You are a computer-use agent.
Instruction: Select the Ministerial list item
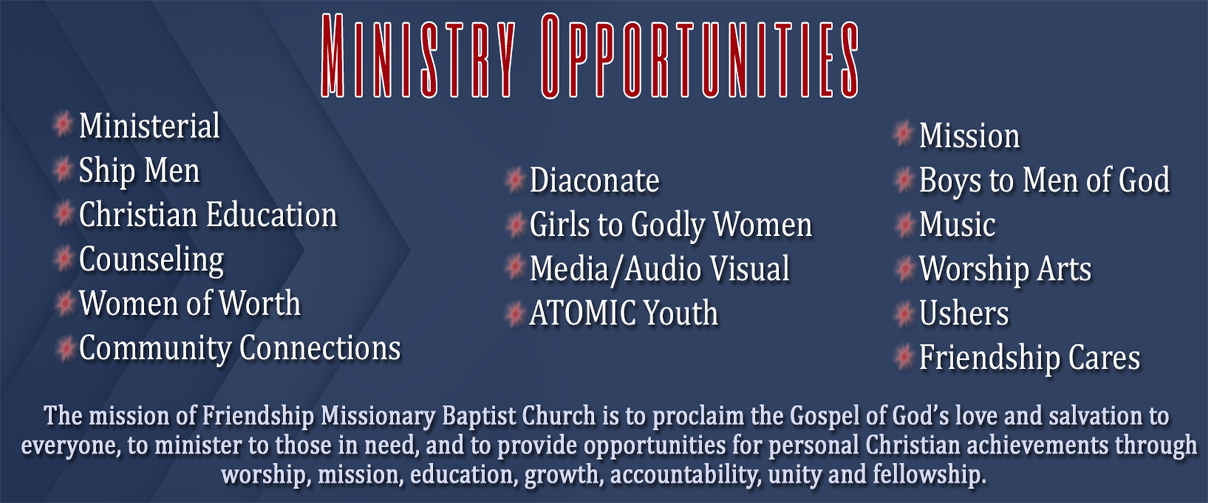click(x=150, y=126)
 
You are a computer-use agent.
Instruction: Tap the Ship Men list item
click(x=139, y=171)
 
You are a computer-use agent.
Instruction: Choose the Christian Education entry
click(x=208, y=215)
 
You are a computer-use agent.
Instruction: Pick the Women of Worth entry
click(x=190, y=304)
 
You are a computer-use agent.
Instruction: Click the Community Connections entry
click(x=240, y=349)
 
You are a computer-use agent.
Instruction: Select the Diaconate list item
click(x=595, y=181)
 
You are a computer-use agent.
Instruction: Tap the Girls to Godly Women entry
click(x=671, y=226)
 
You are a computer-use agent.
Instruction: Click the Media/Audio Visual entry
click(x=659, y=269)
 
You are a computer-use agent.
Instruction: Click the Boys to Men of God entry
click(x=1044, y=181)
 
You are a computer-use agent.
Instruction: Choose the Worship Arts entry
click(x=1005, y=270)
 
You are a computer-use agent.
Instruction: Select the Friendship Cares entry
click(x=1029, y=358)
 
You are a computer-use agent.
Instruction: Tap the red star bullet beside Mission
click(x=903, y=134)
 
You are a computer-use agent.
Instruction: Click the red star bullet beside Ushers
click(x=903, y=314)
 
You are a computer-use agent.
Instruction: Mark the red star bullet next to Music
click(x=903, y=224)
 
